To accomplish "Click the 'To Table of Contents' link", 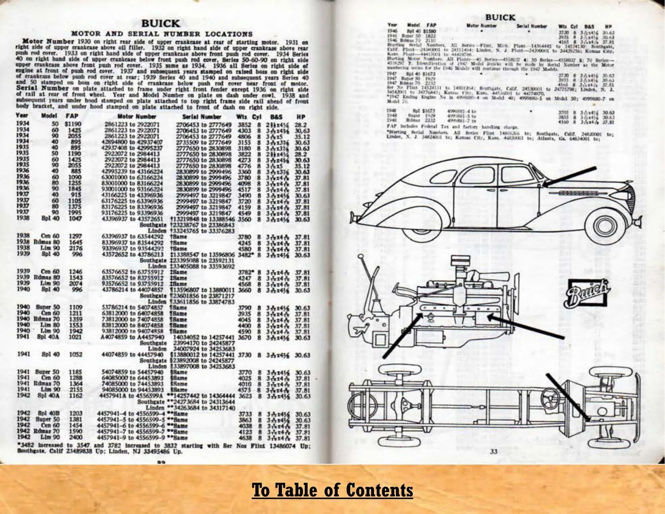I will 332,490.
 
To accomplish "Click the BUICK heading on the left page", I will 161,24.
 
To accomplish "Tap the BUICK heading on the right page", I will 500,17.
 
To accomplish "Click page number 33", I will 494,451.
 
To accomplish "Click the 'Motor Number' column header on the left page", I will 137,117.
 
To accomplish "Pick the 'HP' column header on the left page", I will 300,117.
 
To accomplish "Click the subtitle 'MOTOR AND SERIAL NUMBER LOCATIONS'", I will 161,34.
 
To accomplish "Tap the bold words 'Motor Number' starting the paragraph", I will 42,42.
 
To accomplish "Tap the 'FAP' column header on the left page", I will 71,117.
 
